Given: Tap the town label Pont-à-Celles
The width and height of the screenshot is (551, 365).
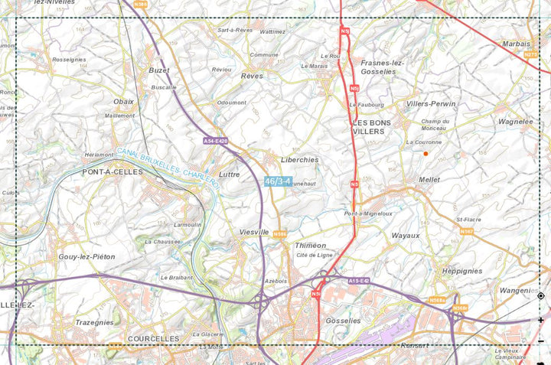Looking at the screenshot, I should pyautogui.click(x=112, y=172).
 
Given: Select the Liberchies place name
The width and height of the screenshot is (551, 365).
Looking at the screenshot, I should pyautogui.click(x=300, y=160).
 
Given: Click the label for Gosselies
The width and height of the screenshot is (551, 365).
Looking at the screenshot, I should pyautogui.click(x=343, y=321).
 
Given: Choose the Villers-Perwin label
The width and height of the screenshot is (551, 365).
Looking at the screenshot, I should pyautogui.click(x=431, y=103).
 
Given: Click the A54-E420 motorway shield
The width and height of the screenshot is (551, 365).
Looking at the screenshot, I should pyautogui.click(x=216, y=141).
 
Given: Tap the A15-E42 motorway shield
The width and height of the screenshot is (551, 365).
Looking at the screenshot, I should pyautogui.click(x=359, y=282).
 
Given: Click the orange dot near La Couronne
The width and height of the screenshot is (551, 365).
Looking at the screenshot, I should pyautogui.click(x=425, y=154).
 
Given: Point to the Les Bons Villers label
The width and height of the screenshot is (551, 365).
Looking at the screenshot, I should pyautogui.click(x=371, y=127).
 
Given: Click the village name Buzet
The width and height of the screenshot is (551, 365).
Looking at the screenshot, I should pyautogui.click(x=159, y=70).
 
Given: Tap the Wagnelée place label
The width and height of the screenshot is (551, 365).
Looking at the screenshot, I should pyautogui.click(x=515, y=121).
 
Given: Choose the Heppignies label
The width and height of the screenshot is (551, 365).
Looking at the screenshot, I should pyautogui.click(x=462, y=271).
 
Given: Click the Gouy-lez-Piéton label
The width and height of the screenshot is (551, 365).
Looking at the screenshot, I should pyautogui.click(x=86, y=257).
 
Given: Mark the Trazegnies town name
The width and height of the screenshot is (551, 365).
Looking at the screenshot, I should pyautogui.click(x=94, y=323).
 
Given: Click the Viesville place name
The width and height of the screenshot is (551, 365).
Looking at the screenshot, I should pyautogui.click(x=254, y=231).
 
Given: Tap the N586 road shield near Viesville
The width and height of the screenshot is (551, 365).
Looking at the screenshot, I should pyautogui.click(x=280, y=234).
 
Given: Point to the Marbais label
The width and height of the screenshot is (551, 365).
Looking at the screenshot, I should pyautogui.click(x=517, y=44).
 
